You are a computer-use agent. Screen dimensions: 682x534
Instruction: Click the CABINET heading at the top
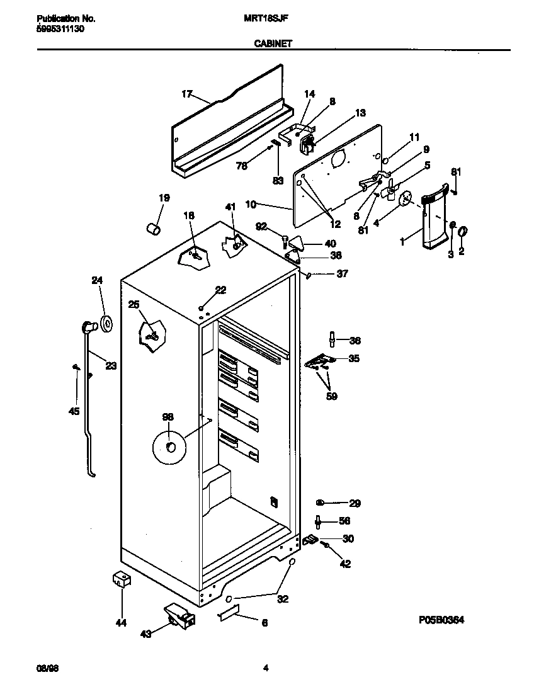[x=272, y=44]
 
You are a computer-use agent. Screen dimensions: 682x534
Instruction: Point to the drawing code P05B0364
[x=441, y=620]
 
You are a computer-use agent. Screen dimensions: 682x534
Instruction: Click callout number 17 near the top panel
[x=186, y=94]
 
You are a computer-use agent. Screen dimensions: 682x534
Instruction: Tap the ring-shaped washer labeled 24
[x=106, y=324]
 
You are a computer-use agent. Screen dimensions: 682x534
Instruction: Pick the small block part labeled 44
[x=121, y=581]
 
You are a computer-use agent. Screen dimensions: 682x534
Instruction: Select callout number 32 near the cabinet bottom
[x=283, y=599]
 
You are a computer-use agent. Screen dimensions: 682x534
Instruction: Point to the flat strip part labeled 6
[x=229, y=613]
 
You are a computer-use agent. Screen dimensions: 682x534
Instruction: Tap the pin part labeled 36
[x=331, y=341]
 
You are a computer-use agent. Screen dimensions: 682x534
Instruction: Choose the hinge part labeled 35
[x=319, y=361]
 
